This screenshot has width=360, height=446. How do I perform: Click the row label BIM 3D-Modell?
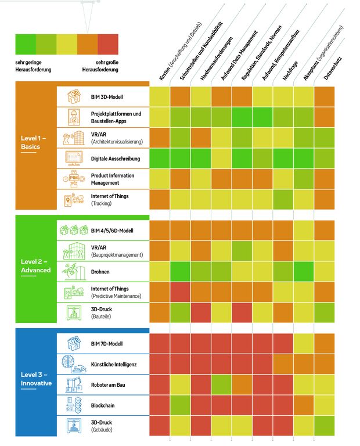[x=107, y=96]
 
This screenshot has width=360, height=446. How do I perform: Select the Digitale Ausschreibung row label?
[x=116, y=158]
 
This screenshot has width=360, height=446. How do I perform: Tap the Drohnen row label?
[x=100, y=272]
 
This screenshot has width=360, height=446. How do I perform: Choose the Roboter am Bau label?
[x=111, y=384]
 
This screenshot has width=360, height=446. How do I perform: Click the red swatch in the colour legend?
[x=107, y=44]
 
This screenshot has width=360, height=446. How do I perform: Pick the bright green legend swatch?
[x=26, y=44]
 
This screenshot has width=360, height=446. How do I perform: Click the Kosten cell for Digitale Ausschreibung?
[x=160, y=159]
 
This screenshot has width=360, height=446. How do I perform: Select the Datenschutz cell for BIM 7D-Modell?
[x=324, y=344]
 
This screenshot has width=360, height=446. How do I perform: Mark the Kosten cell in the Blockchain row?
[x=160, y=405]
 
